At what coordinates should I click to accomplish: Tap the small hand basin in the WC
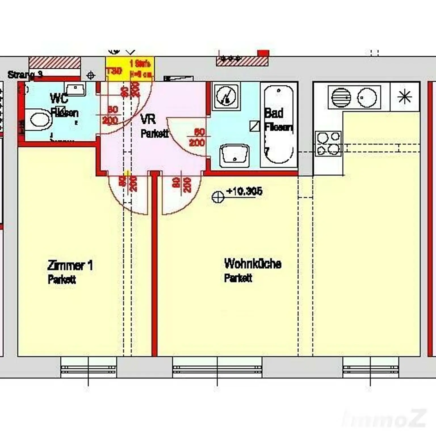point(75,89)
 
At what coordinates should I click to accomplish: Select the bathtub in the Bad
point(278,124)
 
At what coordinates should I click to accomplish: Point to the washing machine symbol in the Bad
point(226,96)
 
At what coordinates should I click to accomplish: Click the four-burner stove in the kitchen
point(328,144)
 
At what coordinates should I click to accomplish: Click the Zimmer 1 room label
point(70,266)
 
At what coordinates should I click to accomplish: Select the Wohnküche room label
point(253,264)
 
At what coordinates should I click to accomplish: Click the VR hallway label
point(148,119)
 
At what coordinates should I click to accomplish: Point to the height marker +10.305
point(244,191)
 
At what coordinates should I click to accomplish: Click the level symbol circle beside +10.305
point(218,197)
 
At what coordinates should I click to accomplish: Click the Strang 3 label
point(25,75)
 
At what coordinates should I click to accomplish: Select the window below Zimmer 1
point(89,367)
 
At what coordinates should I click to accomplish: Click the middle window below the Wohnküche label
point(217,367)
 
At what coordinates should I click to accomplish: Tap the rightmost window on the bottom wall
point(370,367)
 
